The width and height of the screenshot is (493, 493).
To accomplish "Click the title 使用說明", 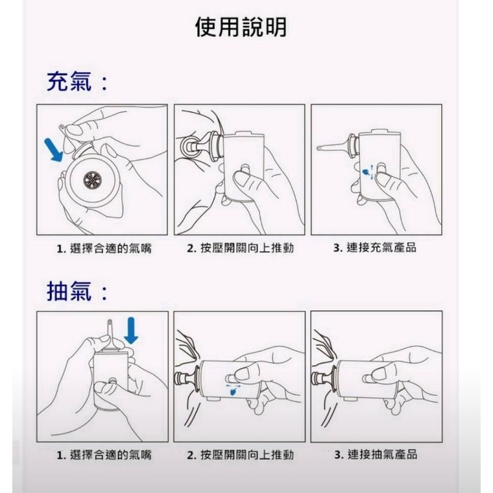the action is tap(241, 27).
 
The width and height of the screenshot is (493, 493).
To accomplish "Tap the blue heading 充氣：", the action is tap(77, 82).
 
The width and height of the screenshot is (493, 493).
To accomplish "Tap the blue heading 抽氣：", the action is tap(77, 291).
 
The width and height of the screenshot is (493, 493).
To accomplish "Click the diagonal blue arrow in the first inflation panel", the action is tap(54, 150).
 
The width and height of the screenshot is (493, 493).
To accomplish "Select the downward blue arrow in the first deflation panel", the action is tap(131, 330).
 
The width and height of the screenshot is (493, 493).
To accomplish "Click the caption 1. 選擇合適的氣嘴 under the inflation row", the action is tap(104, 248).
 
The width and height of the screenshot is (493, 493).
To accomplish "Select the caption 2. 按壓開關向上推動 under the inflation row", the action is tap(240, 248).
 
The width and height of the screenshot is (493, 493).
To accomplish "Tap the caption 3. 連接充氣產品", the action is tap(375, 248).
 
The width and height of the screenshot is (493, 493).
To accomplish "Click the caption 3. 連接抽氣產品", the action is tap(376, 454).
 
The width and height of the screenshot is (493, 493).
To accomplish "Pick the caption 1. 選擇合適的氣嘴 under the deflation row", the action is tap(104, 455).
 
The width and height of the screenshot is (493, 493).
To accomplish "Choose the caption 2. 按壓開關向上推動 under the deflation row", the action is tap(240, 455).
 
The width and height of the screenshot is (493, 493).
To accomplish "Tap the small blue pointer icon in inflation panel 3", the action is tap(366, 172).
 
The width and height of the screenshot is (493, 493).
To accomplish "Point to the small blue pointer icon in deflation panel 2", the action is tap(233, 391).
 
